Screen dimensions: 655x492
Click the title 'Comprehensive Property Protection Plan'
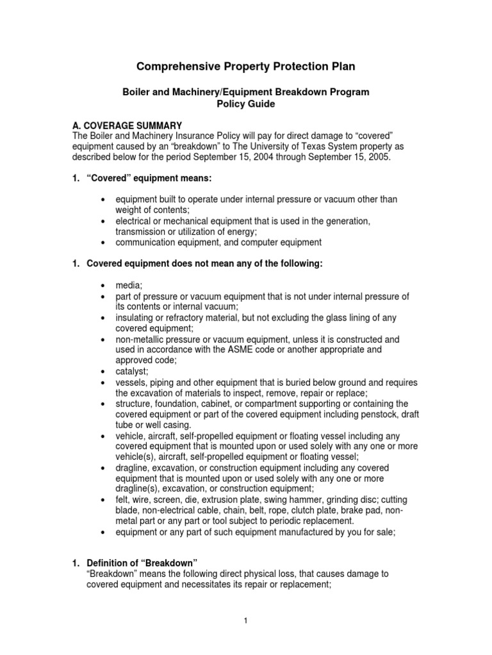[x=246, y=67]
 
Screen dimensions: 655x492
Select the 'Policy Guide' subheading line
[x=246, y=104]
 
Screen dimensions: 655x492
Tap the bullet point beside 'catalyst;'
[x=102, y=370]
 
